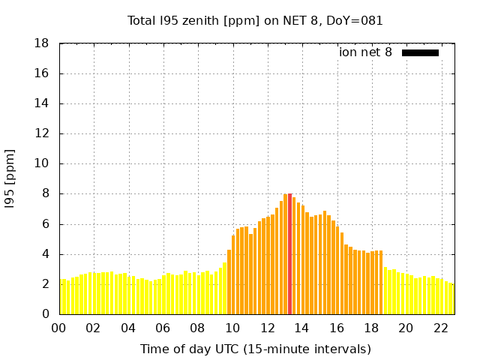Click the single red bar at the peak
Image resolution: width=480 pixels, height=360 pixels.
(x=290, y=253)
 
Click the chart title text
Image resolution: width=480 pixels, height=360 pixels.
(x=255, y=21)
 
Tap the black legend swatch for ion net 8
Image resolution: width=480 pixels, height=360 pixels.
(x=420, y=52)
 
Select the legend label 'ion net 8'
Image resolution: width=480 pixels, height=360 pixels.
(x=365, y=52)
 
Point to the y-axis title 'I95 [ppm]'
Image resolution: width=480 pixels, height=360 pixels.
(x=10, y=178)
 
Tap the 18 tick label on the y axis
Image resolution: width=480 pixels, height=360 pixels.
(x=42, y=43)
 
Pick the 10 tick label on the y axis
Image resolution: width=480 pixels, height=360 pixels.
(x=42, y=163)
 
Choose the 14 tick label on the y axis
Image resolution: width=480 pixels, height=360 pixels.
(x=42, y=103)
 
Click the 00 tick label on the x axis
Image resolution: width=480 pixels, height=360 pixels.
(x=59, y=328)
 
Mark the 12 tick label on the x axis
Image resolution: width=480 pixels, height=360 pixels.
(x=268, y=328)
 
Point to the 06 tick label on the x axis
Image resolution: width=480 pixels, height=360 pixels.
(x=163, y=328)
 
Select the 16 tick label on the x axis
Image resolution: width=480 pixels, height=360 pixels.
(x=337, y=328)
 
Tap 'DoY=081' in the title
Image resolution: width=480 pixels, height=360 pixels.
(x=356, y=21)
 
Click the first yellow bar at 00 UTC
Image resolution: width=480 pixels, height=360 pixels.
(x=61, y=296)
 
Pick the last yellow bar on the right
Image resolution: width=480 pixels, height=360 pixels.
(x=451, y=298)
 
